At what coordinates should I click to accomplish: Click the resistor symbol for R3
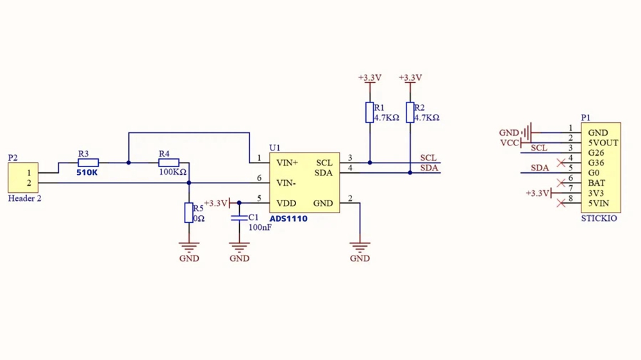pos(88,163)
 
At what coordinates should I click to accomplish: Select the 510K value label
pos(87,173)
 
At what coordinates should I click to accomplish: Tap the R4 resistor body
pos(169,163)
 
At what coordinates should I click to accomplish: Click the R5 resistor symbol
pos(189,213)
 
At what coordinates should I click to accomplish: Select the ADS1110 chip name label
pos(288,219)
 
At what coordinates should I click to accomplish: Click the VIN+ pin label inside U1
pos(287,163)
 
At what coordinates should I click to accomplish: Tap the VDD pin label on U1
pos(287,204)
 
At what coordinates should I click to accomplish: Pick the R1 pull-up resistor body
pos(370,112)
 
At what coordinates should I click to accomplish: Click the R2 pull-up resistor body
pos(410,112)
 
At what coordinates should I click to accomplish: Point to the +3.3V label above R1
pos(370,78)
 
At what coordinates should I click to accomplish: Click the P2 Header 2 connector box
pos(23,178)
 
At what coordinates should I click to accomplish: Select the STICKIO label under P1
pos(599,218)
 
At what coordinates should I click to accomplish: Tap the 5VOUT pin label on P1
pos(603,143)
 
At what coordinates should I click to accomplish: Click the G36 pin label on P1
pos(596,163)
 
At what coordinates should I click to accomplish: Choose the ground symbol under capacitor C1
pos(239,247)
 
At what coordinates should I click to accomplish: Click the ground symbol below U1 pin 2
pos(360,247)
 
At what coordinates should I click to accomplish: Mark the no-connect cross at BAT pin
pos(562,183)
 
